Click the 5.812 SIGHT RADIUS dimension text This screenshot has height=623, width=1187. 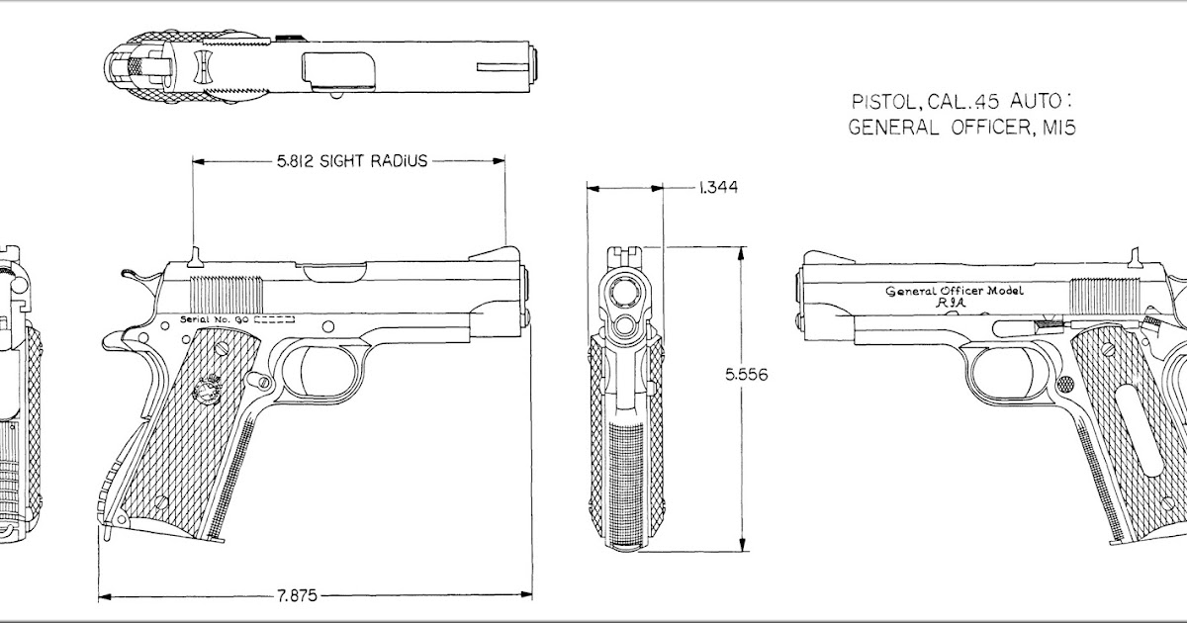[352, 161]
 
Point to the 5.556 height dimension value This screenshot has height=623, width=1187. [747, 375]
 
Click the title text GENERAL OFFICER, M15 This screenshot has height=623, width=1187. [961, 127]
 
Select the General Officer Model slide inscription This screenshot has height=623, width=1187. [955, 291]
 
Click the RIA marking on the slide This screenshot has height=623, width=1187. [951, 308]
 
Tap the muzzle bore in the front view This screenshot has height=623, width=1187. [627, 291]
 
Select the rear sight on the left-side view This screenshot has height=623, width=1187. [195, 257]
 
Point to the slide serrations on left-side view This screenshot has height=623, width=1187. [227, 294]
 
